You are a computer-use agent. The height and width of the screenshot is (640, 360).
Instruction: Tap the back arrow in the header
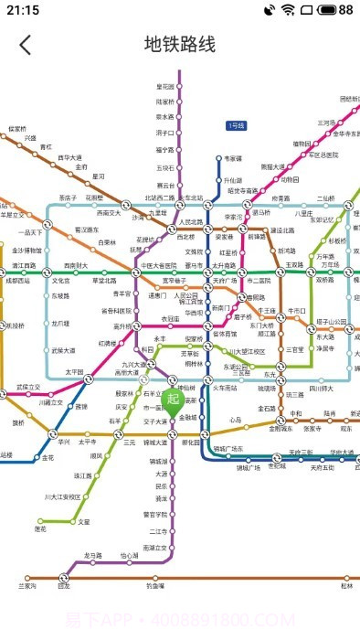(x=25, y=44)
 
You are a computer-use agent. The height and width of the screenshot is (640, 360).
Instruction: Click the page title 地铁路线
(x=180, y=44)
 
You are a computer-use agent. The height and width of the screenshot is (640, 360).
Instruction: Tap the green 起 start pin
(x=174, y=400)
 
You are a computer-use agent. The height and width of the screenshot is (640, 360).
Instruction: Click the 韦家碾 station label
(x=234, y=158)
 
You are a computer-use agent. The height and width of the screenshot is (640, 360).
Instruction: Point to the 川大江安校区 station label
(x=62, y=496)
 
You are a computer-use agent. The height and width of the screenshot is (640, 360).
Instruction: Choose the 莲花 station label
(x=40, y=528)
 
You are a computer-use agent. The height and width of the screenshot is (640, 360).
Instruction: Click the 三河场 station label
(x=326, y=122)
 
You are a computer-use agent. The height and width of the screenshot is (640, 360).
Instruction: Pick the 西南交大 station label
(x=109, y=212)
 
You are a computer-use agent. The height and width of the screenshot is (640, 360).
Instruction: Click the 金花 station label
(x=48, y=458)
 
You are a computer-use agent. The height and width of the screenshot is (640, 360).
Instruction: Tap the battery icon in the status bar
(x=333, y=10)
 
